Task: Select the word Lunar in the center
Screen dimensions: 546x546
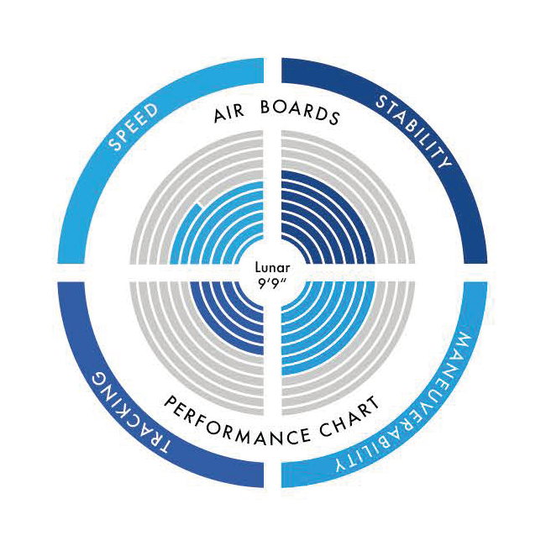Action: [x=272, y=268]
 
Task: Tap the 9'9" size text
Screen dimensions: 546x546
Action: [x=272, y=283]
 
